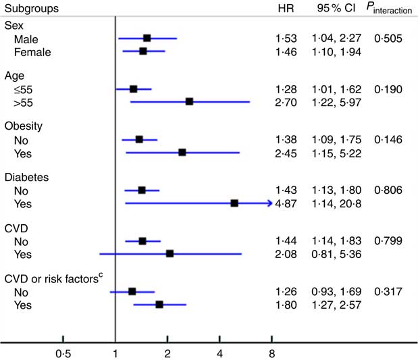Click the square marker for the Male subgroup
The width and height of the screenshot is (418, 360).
point(147,38)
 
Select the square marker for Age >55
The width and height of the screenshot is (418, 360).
point(189,101)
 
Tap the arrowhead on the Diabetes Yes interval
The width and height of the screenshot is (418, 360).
point(269,203)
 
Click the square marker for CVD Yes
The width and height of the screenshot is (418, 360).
point(169,253)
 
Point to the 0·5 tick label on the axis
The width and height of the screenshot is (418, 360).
point(63,353)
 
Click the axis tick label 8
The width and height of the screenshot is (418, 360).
point(271,353)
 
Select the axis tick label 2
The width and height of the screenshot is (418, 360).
point(167,353)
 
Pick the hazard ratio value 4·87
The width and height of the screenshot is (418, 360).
point(286,203)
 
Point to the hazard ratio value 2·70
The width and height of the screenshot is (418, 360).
point(286,101)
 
